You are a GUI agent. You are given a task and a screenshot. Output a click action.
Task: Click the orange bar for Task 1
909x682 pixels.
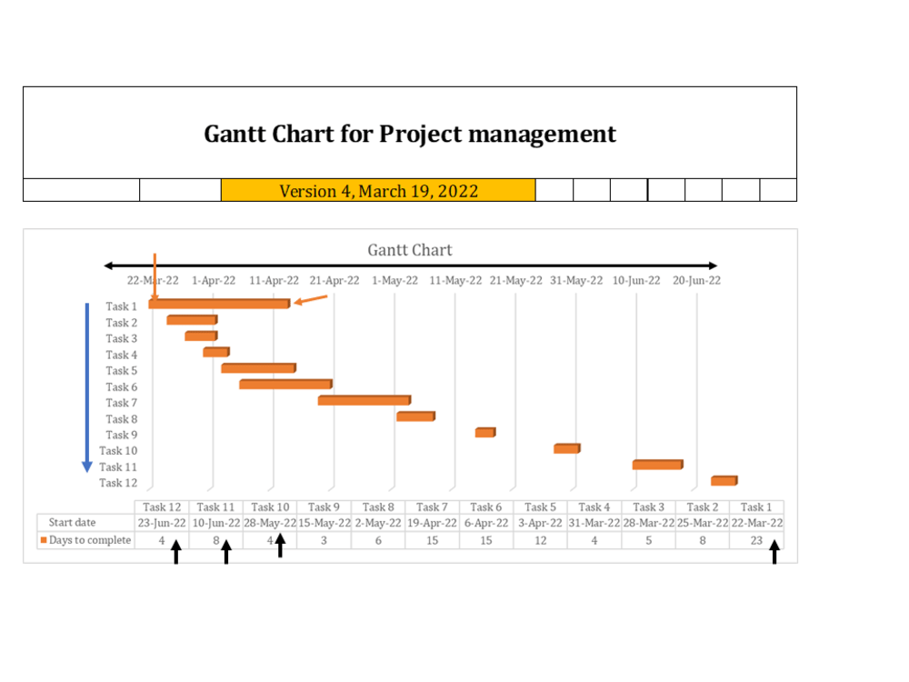tap(219, 304)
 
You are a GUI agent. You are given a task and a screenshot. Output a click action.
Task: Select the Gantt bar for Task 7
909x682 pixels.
tap(364, 400)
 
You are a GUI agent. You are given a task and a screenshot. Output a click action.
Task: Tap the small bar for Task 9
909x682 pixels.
tap(484, 433)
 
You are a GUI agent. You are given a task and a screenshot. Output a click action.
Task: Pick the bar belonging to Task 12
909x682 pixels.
tap(724, 480)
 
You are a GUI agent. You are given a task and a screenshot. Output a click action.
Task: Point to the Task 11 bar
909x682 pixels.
tap(657, 465)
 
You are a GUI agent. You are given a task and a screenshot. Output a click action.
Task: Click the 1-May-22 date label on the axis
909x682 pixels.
tap(395, 280)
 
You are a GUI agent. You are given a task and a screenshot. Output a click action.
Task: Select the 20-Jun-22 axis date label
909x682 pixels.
tap(696, 280)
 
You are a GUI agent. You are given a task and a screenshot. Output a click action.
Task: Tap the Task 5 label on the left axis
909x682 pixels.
tap(121, 370)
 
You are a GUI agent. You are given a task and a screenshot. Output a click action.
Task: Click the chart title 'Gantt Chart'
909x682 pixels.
tap(409, 250)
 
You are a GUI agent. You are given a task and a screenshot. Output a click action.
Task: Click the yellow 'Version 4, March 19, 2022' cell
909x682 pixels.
tap(378, 191)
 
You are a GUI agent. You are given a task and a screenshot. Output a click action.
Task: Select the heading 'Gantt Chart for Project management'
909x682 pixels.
tap(410, 135)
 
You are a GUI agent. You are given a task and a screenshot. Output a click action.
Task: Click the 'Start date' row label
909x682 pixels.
tap(73, 523)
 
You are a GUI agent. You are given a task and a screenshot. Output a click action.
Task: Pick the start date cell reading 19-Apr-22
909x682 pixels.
tap(432, 523)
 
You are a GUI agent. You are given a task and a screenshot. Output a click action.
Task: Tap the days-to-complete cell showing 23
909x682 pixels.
tap(756, 540)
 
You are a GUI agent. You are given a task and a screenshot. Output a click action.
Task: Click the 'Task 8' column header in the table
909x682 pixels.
tap(378, 506)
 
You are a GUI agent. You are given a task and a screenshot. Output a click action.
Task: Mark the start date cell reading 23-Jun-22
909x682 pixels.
tap(162, 523)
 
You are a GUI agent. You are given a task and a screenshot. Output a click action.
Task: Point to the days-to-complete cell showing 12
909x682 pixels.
tap(540, 540)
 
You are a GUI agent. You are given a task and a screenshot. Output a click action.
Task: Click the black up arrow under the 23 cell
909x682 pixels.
tap(774, 552)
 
